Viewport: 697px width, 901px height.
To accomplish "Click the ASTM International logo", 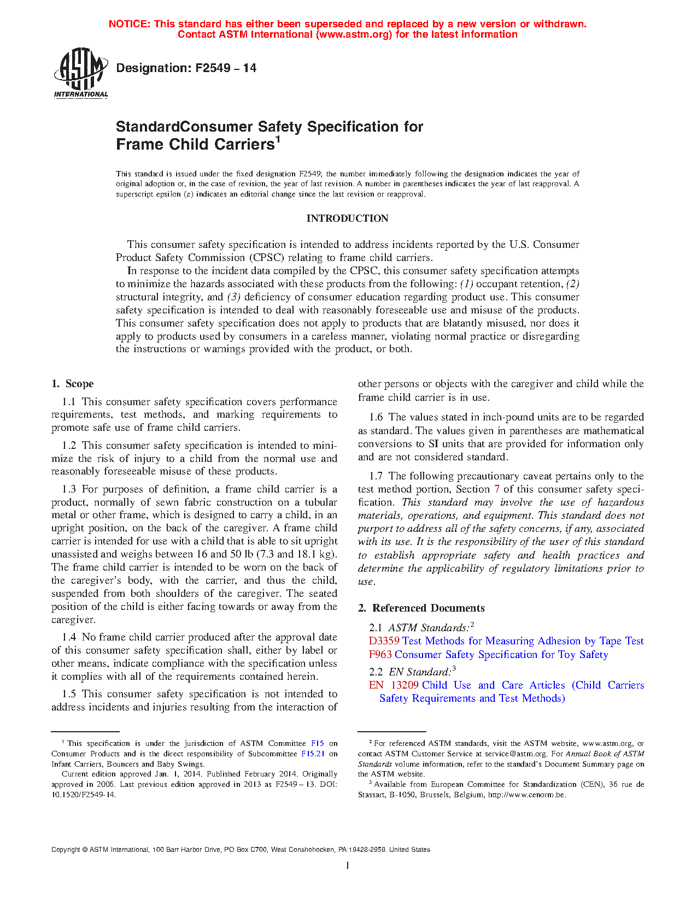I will (x=81, y=72).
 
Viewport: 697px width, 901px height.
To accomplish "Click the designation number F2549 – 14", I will (x=186, y=68).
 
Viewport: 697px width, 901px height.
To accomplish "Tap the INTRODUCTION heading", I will (x=347, y=218).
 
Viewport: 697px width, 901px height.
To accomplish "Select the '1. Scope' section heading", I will (x=73, y=384).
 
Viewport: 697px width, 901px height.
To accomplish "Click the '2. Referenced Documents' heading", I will (x=421, y=608).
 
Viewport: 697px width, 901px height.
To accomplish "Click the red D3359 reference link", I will (x=384, y=641).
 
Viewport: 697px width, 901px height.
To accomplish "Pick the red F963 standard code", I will (x=380, y=654).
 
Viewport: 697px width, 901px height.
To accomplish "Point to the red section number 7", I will (x=496, y=489).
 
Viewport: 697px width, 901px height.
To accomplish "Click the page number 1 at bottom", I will (x=347, y=866).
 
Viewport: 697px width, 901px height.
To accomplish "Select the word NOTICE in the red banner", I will (x=129, y=24).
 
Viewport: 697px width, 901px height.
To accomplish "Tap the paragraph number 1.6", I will (x=376, y=417).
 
